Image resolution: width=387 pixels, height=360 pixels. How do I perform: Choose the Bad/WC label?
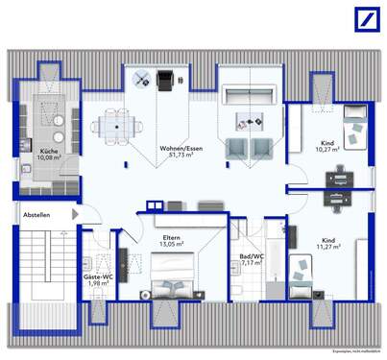click(253, 256)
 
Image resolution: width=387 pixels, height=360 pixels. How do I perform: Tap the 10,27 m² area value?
click(332, 151)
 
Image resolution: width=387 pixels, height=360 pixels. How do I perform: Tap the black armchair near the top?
click(163, 82)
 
